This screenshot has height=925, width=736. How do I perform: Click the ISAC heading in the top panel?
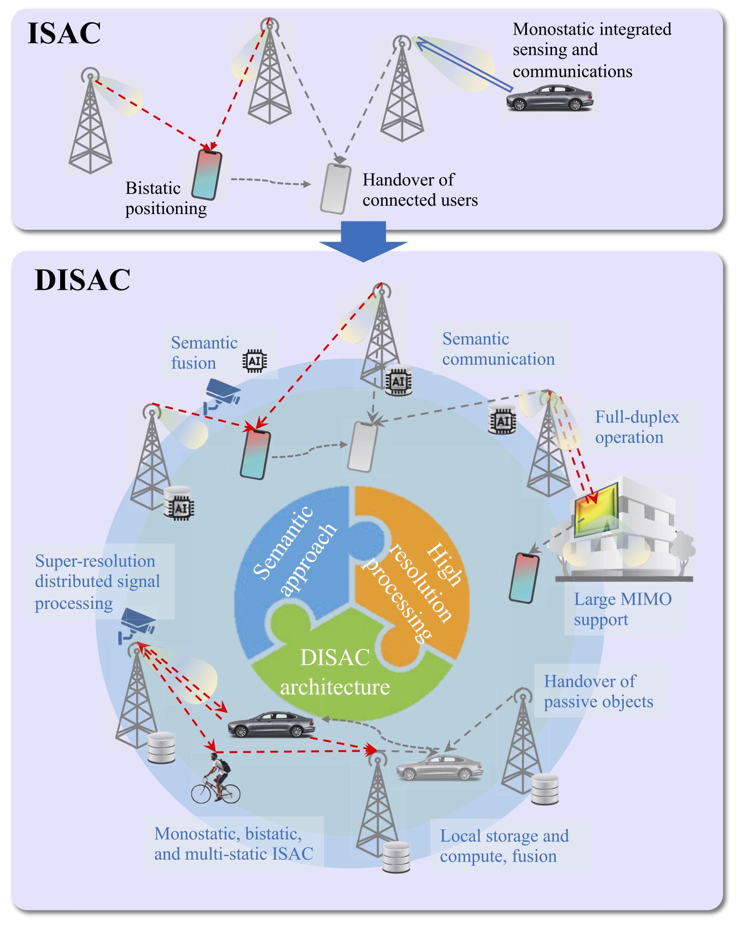pos(64,33)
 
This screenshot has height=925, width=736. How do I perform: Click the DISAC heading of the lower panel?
pos(82,280)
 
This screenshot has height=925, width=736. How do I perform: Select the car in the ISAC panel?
pos(549,98)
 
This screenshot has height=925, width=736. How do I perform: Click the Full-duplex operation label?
pos(636,427)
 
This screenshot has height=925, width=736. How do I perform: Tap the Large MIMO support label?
pos(622,609)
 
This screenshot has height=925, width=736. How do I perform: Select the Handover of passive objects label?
pos(598,692)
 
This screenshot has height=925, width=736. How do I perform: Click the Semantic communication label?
pos(498,349)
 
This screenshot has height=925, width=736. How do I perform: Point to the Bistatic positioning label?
pos(166,198)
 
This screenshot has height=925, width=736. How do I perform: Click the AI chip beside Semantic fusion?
pos(255,361)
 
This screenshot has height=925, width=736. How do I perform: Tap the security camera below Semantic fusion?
pos(222,394)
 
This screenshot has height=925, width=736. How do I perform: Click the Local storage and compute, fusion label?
pos(504,846)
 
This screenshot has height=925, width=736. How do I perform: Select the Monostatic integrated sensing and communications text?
pos(591,50)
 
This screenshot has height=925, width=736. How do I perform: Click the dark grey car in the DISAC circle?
pos(271,724)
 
